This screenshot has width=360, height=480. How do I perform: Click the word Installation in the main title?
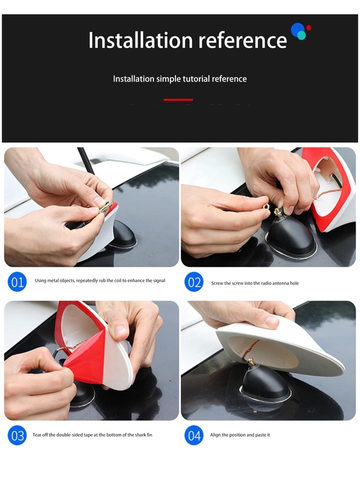tap(140, 40)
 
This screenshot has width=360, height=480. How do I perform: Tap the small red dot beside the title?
tap(308, 28)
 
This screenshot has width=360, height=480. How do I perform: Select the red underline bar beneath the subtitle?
tap(178, 100)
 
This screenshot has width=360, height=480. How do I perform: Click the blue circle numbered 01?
tap(17, 282)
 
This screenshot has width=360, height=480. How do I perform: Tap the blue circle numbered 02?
tap(194, 282)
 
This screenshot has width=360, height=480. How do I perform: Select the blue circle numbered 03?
tap(17, 435)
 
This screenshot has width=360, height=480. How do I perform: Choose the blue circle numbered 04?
tap(194, 435)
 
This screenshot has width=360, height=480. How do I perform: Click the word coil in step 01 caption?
tap(118, 280)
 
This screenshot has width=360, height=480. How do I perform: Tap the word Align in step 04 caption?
tap(215, 435)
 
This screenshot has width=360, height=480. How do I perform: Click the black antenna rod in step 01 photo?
tap(86, 161)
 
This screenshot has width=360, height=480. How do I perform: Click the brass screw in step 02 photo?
tap(279, 212)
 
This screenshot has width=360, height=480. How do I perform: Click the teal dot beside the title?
tap(301, 35)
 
